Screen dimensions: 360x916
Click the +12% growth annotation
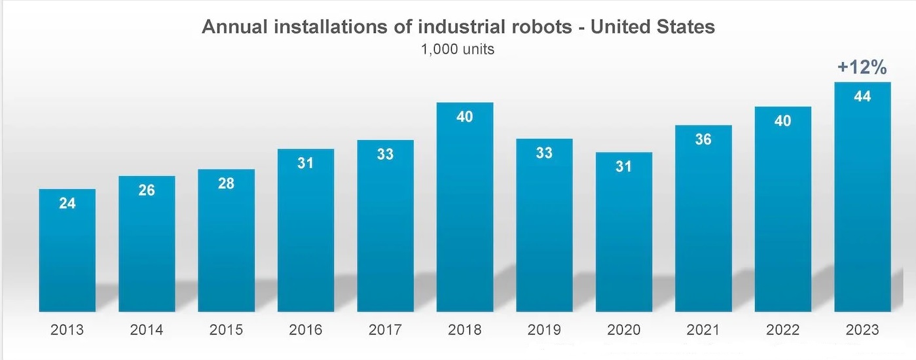[x=862, y=67]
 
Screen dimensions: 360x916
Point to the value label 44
[x=862, y=96]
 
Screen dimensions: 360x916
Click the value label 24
[x=67, y=204]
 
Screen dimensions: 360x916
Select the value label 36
[x=704, y=139]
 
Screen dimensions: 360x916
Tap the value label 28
[x=227, y=183]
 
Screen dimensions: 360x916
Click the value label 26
[x=147, y=190]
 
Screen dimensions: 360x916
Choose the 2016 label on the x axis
[x=306, y=329]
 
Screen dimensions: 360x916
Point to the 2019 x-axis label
[x=544, y=329]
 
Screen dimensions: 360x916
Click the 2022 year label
[x=783, y=329]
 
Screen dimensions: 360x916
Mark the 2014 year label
[x=147, y=329]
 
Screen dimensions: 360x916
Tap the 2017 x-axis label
[x=386, y=329]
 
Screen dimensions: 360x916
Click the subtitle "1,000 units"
[x=458, y=49]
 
